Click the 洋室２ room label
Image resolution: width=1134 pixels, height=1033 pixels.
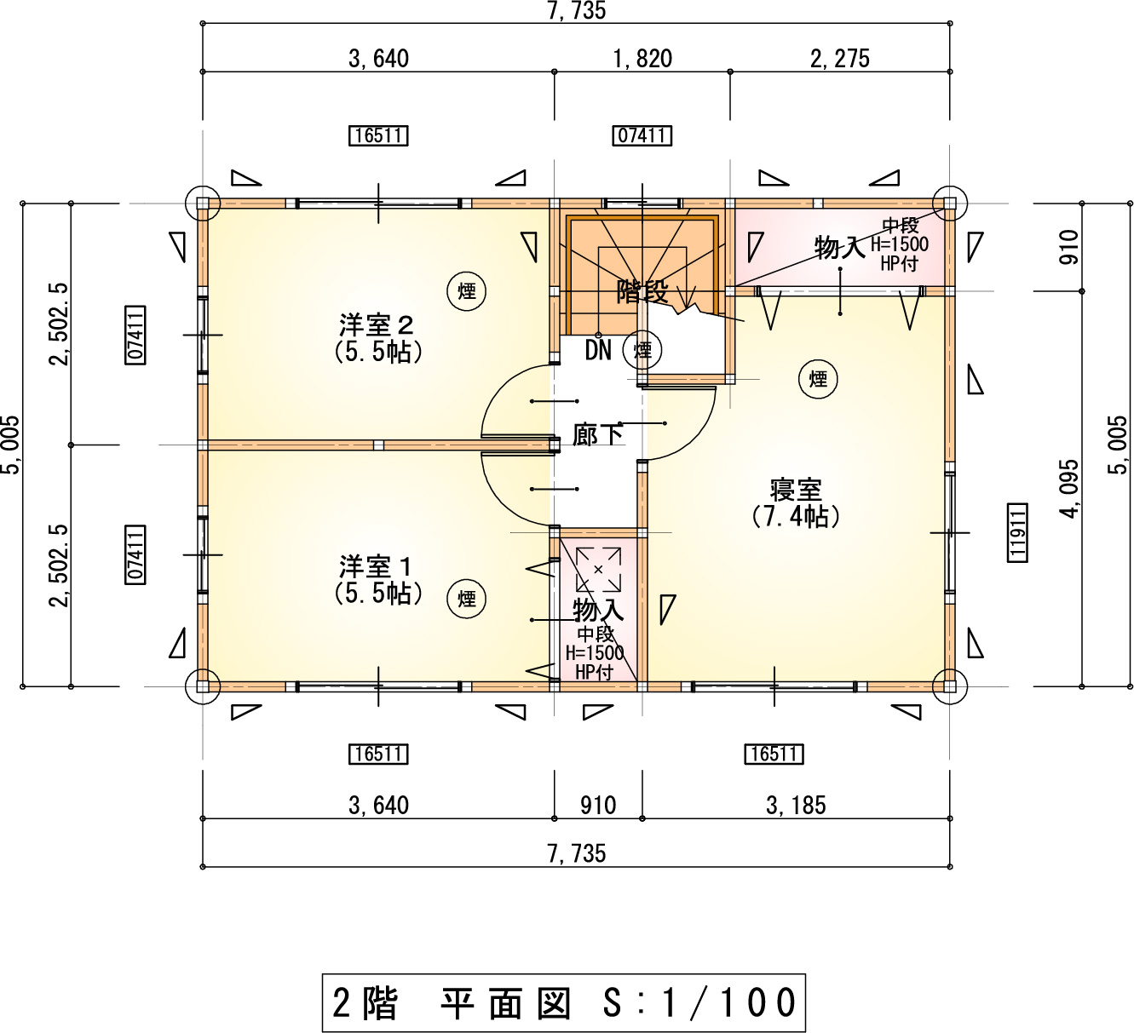point(376,325)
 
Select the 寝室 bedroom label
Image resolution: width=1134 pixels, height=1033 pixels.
point(796,490)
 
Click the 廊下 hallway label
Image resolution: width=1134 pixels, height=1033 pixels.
point(597,435)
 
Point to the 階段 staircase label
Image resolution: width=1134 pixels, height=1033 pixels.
point(642,291)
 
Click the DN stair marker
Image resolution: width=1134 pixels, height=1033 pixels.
point(598,350)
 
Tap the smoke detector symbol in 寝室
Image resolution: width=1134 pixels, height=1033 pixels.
point(818,379)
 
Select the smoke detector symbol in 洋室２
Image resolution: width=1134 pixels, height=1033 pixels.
point(466,291)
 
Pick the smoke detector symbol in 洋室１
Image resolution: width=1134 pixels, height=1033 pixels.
point(466,599)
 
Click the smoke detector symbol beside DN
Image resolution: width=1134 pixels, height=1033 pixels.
point(642,350)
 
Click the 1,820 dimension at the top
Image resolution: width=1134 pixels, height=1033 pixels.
point(642,59)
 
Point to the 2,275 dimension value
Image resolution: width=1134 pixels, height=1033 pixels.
point(839,59)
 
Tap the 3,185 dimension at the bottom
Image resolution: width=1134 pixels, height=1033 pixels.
point(796,806)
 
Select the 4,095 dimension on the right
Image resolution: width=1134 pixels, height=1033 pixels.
point(1069,489)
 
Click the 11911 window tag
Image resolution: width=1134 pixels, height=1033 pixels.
point(1017,532)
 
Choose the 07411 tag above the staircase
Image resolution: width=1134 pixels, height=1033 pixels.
point(642,135)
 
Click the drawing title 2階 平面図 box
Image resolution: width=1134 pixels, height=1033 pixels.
point(564,1002)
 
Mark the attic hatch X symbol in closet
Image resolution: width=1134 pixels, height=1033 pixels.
point(598,570)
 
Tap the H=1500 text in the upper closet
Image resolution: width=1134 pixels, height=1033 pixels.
point(899,244)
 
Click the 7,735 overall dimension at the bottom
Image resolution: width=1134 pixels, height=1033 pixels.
point(576,853)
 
